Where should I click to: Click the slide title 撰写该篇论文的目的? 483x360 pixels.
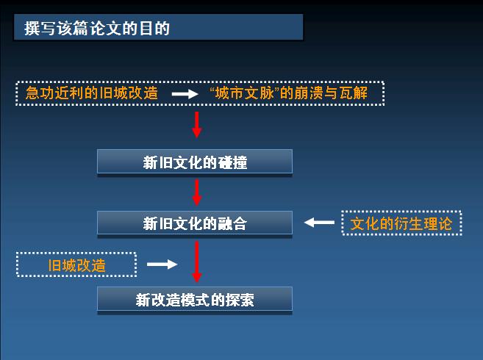click(x=97, y=28)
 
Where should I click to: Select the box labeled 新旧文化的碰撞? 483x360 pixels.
click(x=195, y=162)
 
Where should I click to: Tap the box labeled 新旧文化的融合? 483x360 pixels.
click(x=195, y=223)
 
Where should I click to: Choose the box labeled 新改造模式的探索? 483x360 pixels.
click(x=195, y=299)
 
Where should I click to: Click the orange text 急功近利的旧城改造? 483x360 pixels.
click(x=92, y=93)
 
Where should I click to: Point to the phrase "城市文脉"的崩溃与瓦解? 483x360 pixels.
click(x=289, y=93)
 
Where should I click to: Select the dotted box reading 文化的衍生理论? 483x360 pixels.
click(x=401, y=223)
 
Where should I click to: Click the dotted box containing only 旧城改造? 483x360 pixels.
click(x=76, y=264)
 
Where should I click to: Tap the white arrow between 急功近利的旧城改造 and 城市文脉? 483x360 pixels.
click(x=185, y=93)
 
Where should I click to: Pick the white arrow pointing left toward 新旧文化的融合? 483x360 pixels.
click(x=319, y=223)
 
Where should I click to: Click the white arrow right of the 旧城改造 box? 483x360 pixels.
click(x=162, y=264)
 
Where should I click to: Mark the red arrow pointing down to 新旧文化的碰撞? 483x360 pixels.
click(x=197, y=125)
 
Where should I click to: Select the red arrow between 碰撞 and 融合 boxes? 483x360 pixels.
click(x=197, y=192)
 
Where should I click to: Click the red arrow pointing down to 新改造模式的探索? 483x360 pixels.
click(x=197, y=262)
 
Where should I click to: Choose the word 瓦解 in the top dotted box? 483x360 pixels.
click(x=354, y=93)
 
